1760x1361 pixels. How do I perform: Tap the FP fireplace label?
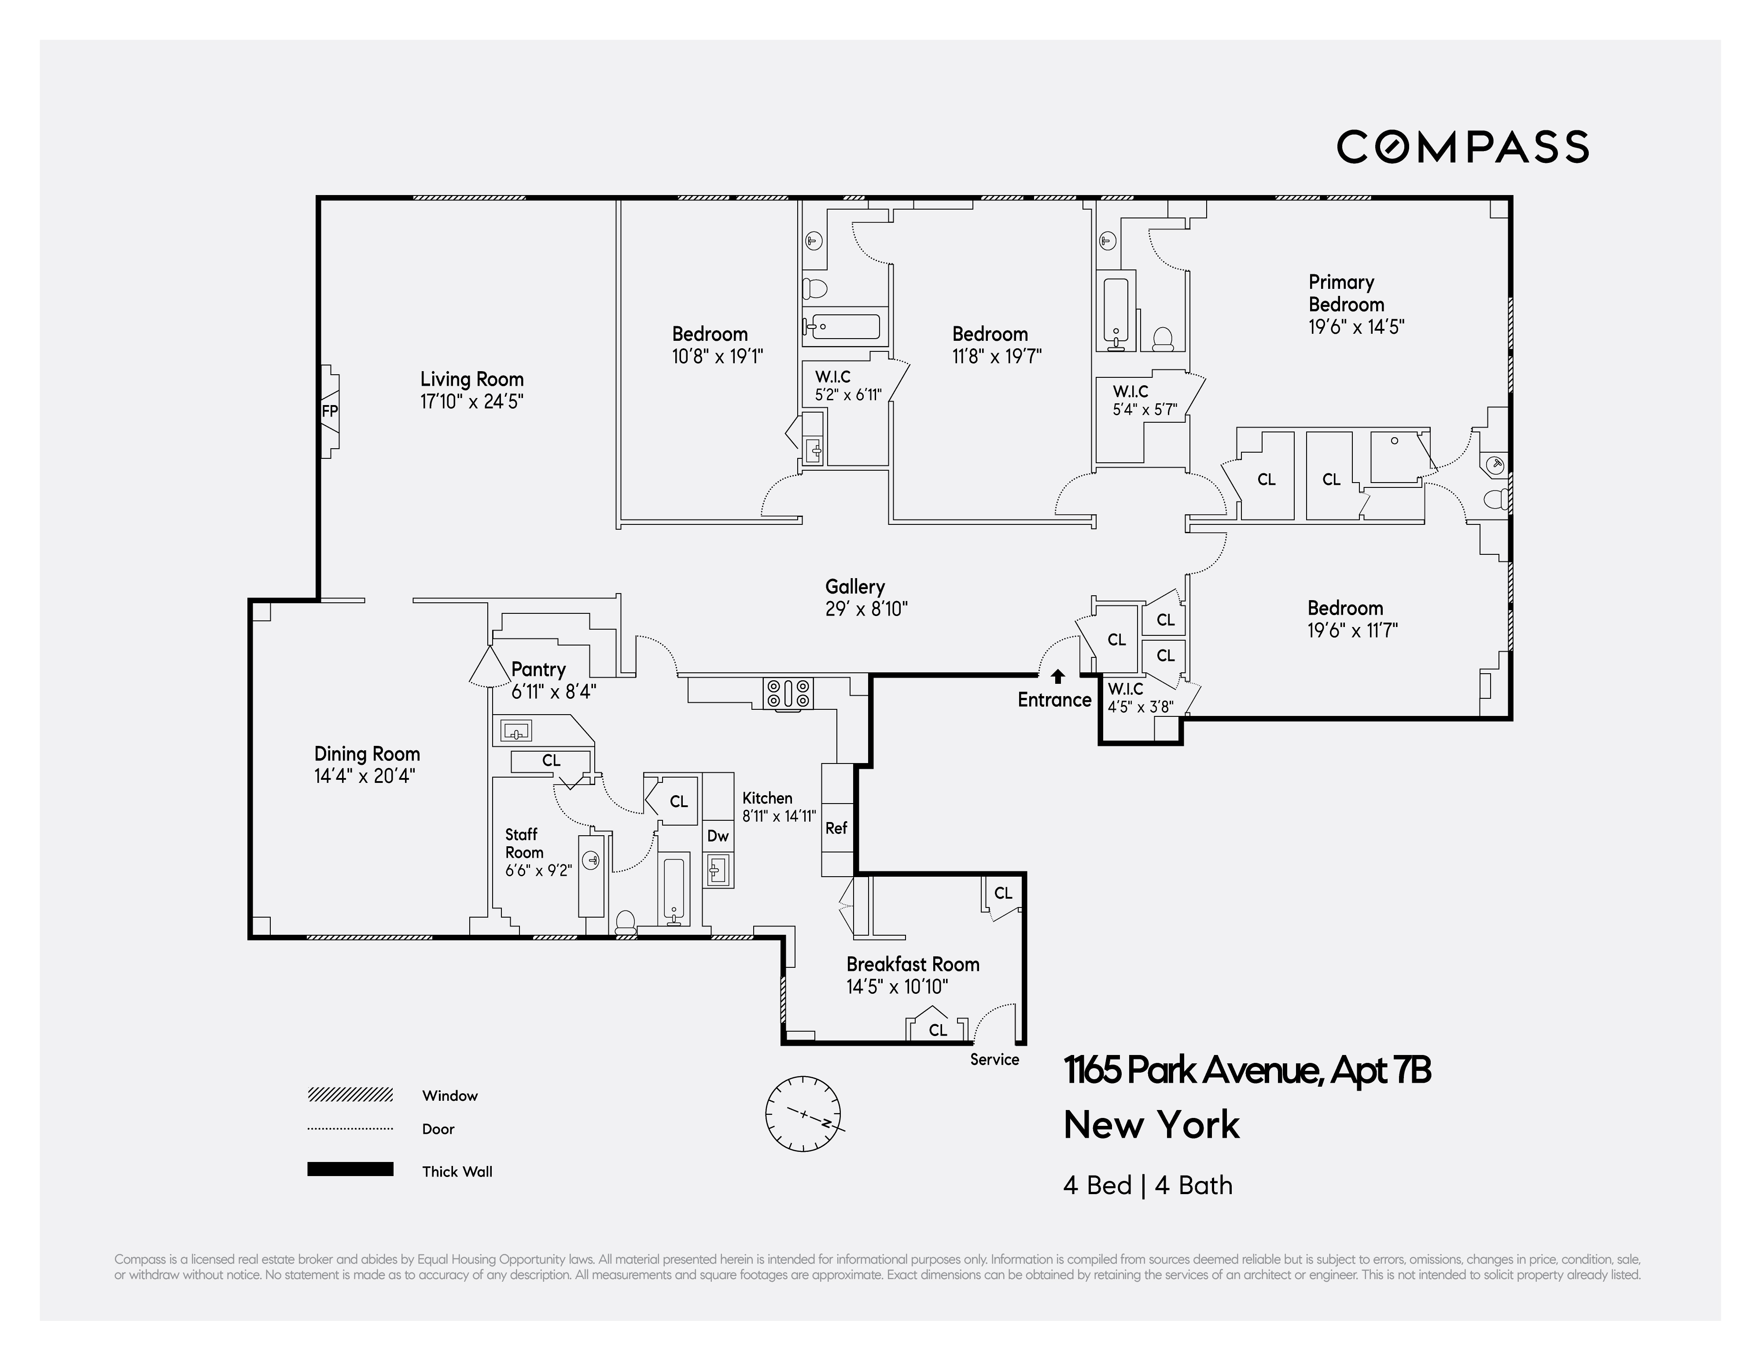(330, 411)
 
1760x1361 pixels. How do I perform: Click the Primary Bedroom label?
(1346, 293)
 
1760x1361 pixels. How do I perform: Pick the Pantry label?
(538, 669)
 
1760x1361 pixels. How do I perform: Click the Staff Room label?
(524, 843)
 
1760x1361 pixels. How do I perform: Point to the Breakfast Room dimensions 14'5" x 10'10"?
(896, 986)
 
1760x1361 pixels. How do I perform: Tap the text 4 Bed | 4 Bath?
(1148, 1185)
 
